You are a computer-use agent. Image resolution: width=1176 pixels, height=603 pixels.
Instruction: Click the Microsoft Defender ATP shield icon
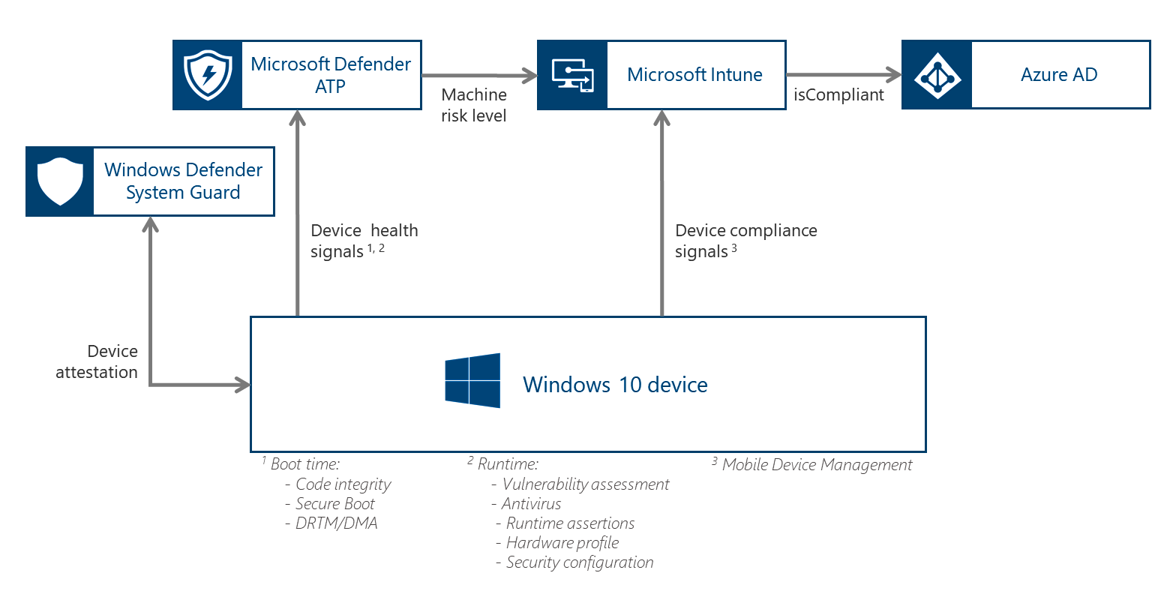click(208, 75)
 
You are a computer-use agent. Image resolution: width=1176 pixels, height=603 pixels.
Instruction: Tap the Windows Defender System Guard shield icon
click(60, 181)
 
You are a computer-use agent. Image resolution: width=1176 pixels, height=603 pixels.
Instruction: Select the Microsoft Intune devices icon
click(572, 75)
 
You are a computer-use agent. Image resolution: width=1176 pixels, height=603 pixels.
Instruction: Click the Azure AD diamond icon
click(937, 76)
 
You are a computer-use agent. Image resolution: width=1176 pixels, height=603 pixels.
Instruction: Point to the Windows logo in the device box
click(472, 381)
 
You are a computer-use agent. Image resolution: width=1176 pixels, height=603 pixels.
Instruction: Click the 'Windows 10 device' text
click(615, 385)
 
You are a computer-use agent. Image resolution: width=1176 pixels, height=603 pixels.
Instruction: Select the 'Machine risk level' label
click(474, 105)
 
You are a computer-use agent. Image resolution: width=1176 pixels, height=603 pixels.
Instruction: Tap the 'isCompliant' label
click(838, 95)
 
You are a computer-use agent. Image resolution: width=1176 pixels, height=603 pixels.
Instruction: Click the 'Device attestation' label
click(97, 361)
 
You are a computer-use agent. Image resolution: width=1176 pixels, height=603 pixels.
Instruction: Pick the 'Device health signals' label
click(364, 241)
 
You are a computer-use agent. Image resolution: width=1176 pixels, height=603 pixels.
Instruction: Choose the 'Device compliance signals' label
click(745, 241)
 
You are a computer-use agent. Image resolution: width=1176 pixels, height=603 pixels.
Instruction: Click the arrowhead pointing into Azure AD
click(892, 75)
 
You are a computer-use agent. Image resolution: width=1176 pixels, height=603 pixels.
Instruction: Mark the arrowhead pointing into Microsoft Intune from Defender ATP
click(529, 75)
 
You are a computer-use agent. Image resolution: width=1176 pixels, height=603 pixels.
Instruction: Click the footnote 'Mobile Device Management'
click(817, 465)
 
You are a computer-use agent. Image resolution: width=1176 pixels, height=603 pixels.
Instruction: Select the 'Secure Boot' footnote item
click(334, 504)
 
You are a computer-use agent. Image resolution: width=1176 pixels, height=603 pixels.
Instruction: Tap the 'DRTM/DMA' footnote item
click(336, 523)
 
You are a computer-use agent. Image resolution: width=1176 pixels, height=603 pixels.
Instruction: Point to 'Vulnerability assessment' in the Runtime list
click(585, 484)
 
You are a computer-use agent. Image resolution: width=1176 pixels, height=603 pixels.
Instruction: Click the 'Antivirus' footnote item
click(531, 504)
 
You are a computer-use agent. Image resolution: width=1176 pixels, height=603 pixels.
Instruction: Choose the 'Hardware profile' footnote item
click(562, 543)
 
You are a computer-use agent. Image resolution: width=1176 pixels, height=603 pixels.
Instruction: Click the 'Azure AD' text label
click(1059, 75)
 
